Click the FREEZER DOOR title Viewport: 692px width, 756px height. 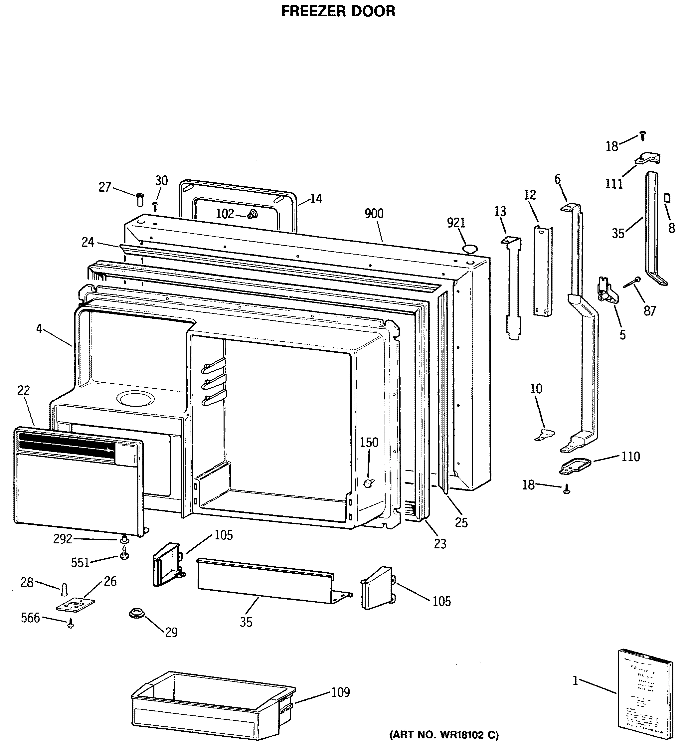tap(338, 11)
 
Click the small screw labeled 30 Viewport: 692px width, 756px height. tap(155, 206)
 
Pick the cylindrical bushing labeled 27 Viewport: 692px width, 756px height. tap(140, 200)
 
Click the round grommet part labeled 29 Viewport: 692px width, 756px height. tap(135, 614)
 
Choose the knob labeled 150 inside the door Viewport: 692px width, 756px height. tap(370, 483)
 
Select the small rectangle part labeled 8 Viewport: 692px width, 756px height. tap(667, 198)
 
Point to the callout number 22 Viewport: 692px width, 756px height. tap(23, 391)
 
